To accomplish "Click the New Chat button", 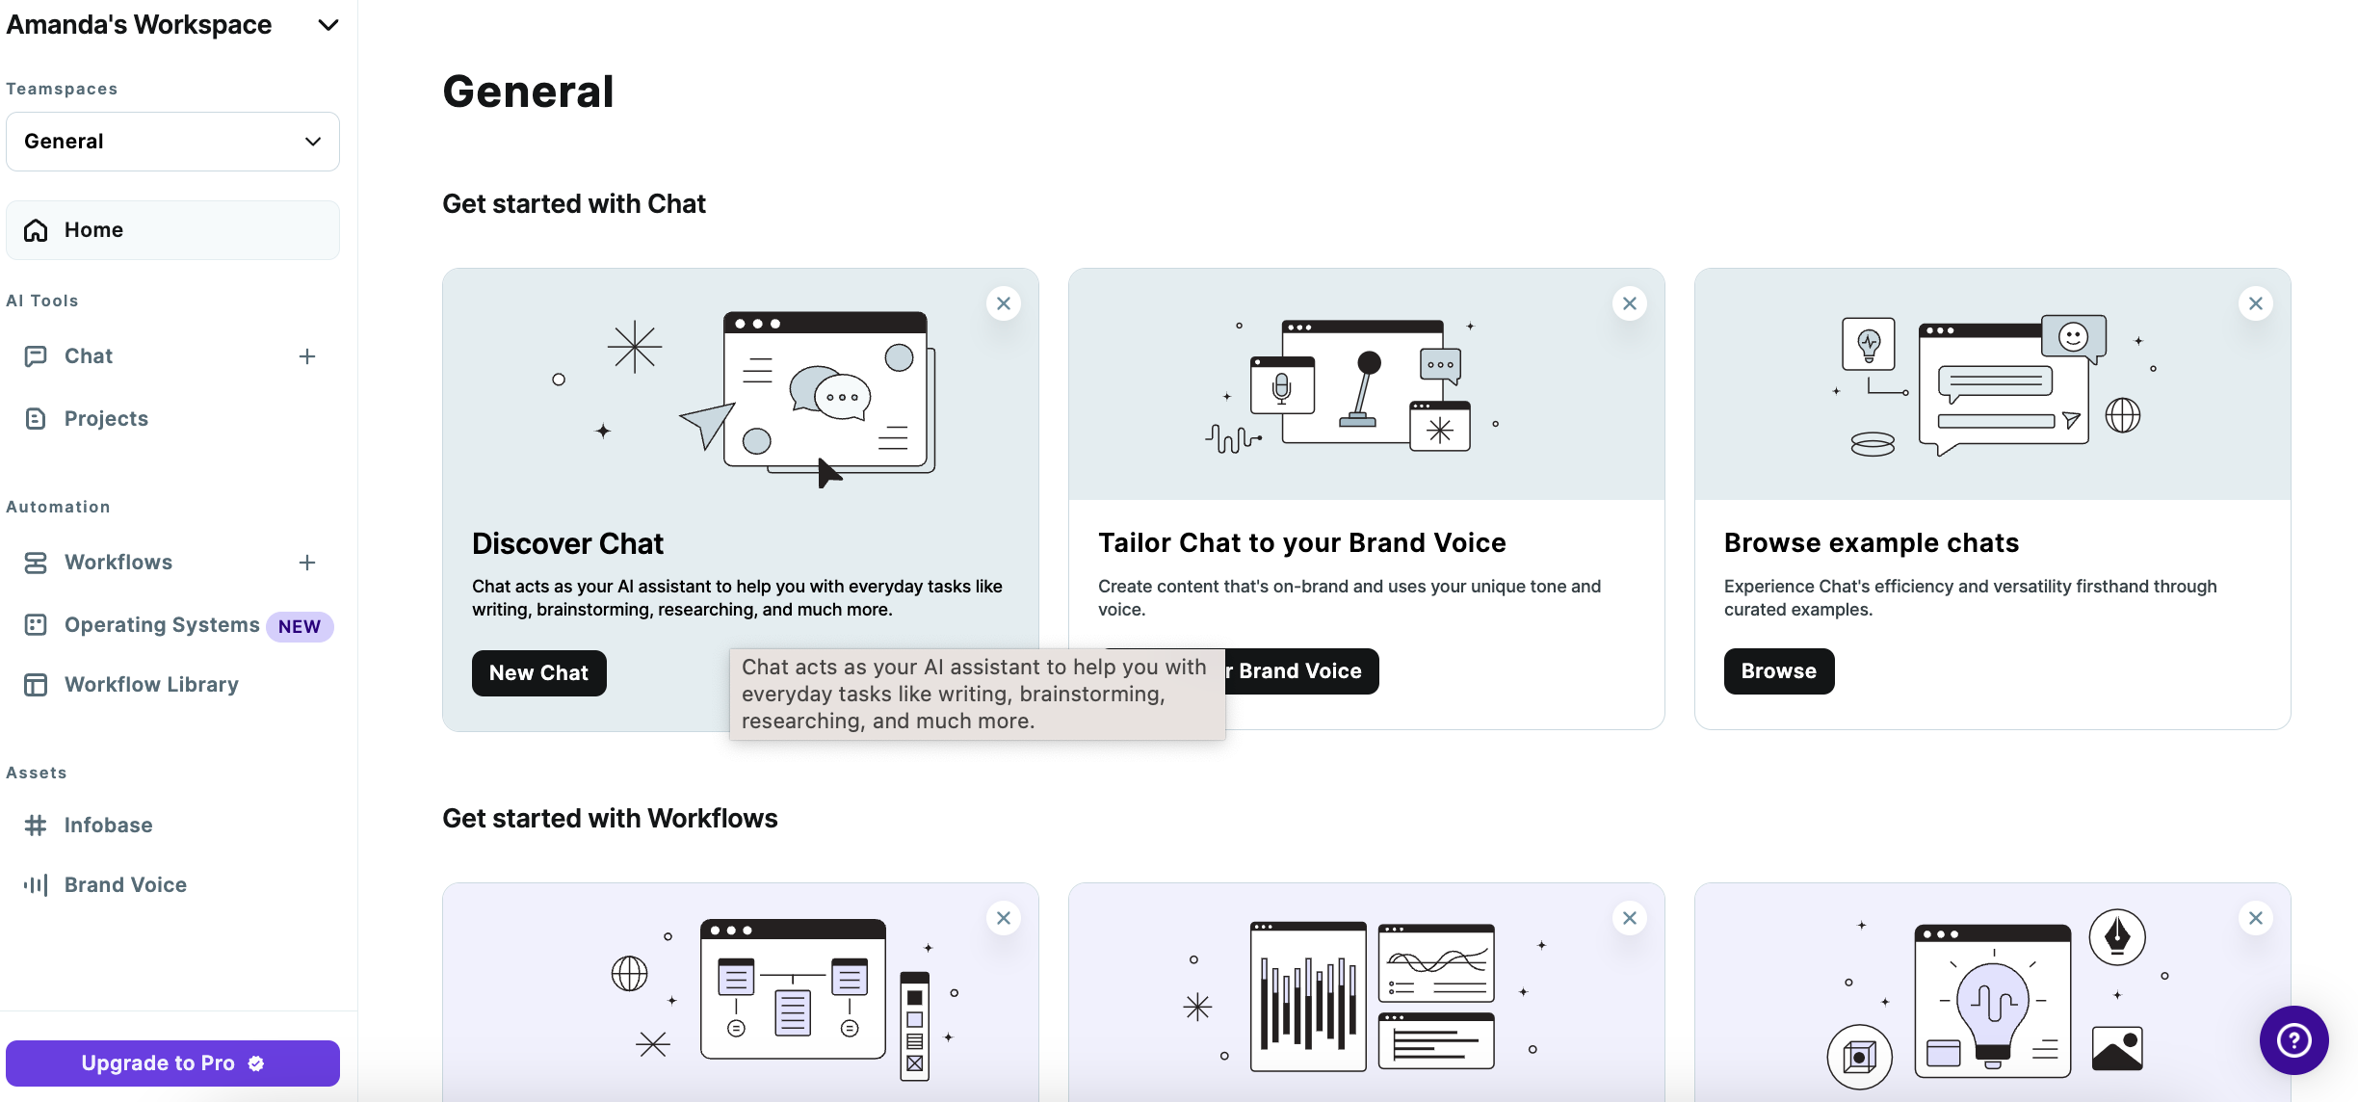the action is (538, 672).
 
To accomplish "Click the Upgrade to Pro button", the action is (172, 1063).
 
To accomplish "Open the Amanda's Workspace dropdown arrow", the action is (328, 25).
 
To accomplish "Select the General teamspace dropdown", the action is (172, 142).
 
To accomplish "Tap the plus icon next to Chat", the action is (307, 356).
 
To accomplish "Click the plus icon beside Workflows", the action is (307, 563).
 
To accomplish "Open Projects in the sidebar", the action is (106, 418).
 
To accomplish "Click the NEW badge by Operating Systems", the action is (300, 626).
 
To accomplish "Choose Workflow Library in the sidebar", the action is (151, 685).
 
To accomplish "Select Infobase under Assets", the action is (108, 826).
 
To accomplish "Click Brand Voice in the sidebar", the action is (125, 885).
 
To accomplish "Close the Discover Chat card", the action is (1004, 303).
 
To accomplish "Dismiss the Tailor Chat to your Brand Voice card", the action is (1630, 303).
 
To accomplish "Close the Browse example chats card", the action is (2256, 303).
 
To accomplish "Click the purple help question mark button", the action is (2294, 1040).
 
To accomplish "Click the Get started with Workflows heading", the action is (610, 818).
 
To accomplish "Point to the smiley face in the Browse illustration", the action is (2073, 336).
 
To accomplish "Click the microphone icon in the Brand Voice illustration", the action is (1281, 387).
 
